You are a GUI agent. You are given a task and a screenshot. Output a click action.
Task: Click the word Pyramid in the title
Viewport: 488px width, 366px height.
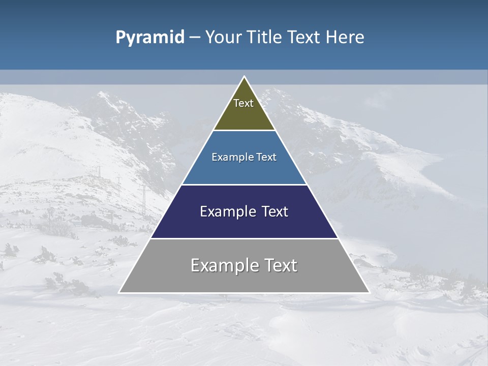coord(149,38)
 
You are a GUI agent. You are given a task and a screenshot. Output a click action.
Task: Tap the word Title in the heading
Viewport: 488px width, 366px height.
coord(263,38)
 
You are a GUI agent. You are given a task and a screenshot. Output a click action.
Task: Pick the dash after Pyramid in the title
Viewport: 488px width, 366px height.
coord(194,38)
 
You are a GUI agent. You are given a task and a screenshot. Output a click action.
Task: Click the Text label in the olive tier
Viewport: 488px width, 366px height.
coord(243,103)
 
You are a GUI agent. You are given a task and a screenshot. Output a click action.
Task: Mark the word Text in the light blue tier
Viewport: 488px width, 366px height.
coord(266,158)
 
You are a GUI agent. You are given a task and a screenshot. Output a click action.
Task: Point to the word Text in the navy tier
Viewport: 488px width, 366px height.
coord(274,211)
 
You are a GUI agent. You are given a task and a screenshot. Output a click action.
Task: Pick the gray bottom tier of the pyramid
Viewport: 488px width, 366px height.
coord(244,280)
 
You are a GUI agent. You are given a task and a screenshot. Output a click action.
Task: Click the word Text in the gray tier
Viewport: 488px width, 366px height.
coord(280,265)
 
